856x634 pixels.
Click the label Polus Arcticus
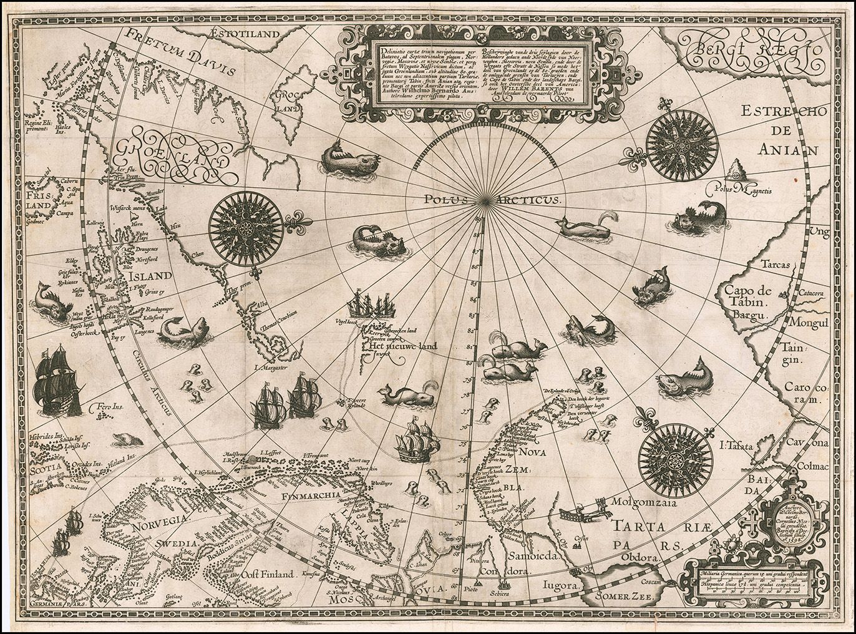pos(492,200)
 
